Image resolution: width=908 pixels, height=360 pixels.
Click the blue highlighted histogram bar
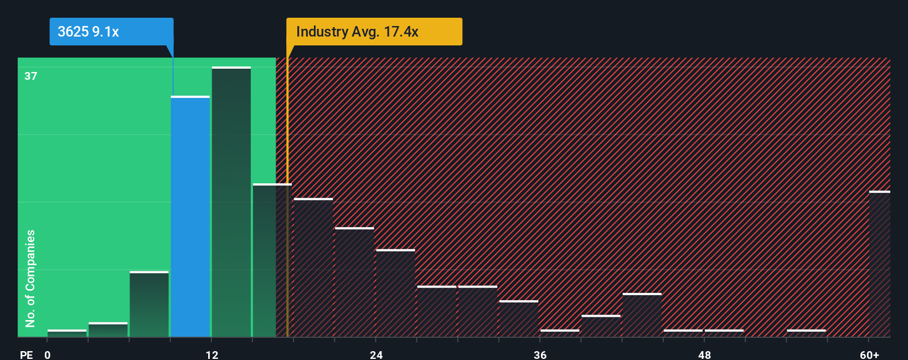click(x=190, y=216)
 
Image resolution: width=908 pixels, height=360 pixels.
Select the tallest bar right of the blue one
click(x=231, y=202)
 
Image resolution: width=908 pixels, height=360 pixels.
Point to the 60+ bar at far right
click(x=879, y=264)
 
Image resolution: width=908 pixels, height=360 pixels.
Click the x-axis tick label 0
click(x=48, y=354)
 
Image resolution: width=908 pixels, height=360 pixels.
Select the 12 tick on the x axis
click(x=212, y=354)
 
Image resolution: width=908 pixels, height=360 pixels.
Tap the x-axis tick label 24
click(x=376, y=354)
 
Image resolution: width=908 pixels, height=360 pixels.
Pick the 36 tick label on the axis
click(x=540, y=354)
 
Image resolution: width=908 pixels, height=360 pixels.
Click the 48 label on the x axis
click(x=704, y=354)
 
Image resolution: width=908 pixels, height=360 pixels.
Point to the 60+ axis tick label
click(x=869, y=354)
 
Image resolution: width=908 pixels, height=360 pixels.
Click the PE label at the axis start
click(x=27, y=354)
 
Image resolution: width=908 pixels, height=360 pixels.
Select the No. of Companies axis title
click(x=30, y=278)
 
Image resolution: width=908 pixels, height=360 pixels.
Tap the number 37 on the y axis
click(x=31, y=76)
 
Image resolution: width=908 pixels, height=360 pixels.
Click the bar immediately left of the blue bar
click(x=149, y=304)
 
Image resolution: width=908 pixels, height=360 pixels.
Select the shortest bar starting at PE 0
click(x=67, y=333)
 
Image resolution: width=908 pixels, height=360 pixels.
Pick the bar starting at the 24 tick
click(x=395, y=293)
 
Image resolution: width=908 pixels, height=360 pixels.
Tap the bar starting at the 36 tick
click(x=560, y=333)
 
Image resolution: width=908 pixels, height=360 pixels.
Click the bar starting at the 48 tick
click(x=724, y=333)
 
